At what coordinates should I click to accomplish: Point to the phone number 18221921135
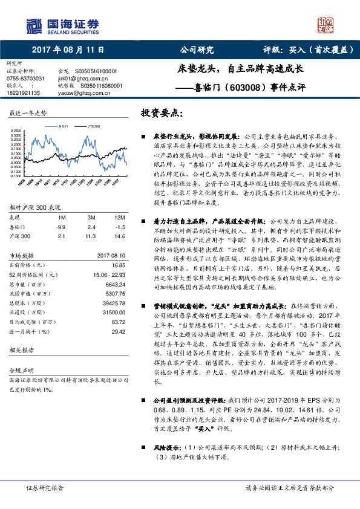(x=24, y=93)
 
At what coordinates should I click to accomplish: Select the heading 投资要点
(x=161, y=113)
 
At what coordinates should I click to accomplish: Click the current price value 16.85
(x=117, y=265)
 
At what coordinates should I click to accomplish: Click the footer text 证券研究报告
(x=45, y=487)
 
